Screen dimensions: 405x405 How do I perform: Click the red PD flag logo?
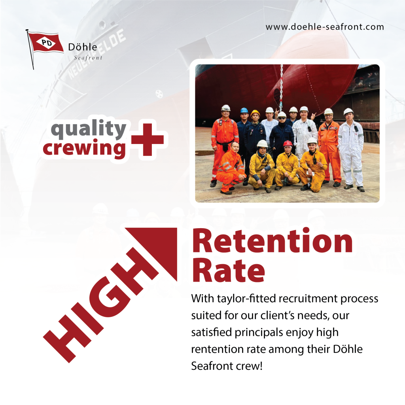point(45,43)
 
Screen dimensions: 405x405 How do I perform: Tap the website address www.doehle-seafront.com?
point(325,27)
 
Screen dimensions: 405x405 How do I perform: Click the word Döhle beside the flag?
point(83,47)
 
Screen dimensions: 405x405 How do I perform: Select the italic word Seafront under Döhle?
point(88,58)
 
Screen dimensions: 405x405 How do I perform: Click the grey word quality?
point(89,129)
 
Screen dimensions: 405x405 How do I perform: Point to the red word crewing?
point(85,148)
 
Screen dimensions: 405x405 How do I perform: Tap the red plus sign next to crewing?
point(148,140)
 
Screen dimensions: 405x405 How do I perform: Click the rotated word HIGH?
point(101,305)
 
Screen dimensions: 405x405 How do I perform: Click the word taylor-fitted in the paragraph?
point(246,299)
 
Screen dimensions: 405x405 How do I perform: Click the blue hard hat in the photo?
point(244,110)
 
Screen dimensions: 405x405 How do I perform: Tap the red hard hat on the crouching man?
point(288,143)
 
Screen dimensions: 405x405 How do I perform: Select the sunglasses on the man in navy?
point(282,118)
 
